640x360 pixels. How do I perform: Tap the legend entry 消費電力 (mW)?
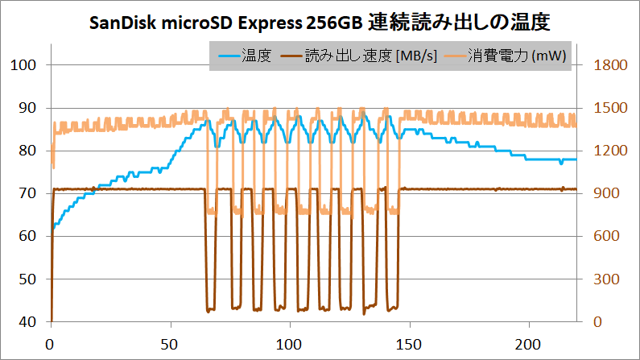click(x=514, y=56)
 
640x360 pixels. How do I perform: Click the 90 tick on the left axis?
click(x=25, y=108)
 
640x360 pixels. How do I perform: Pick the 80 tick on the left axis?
click(x=25, y=151)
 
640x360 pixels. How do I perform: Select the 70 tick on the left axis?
click(x=25, y=193)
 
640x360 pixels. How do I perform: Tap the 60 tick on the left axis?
click(x=25, y=236)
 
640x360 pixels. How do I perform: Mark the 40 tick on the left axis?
click(x=25, y=321)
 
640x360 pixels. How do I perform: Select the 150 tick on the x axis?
click(x=410, y=342)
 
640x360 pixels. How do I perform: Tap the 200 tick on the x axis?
click(x=529, y=342)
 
